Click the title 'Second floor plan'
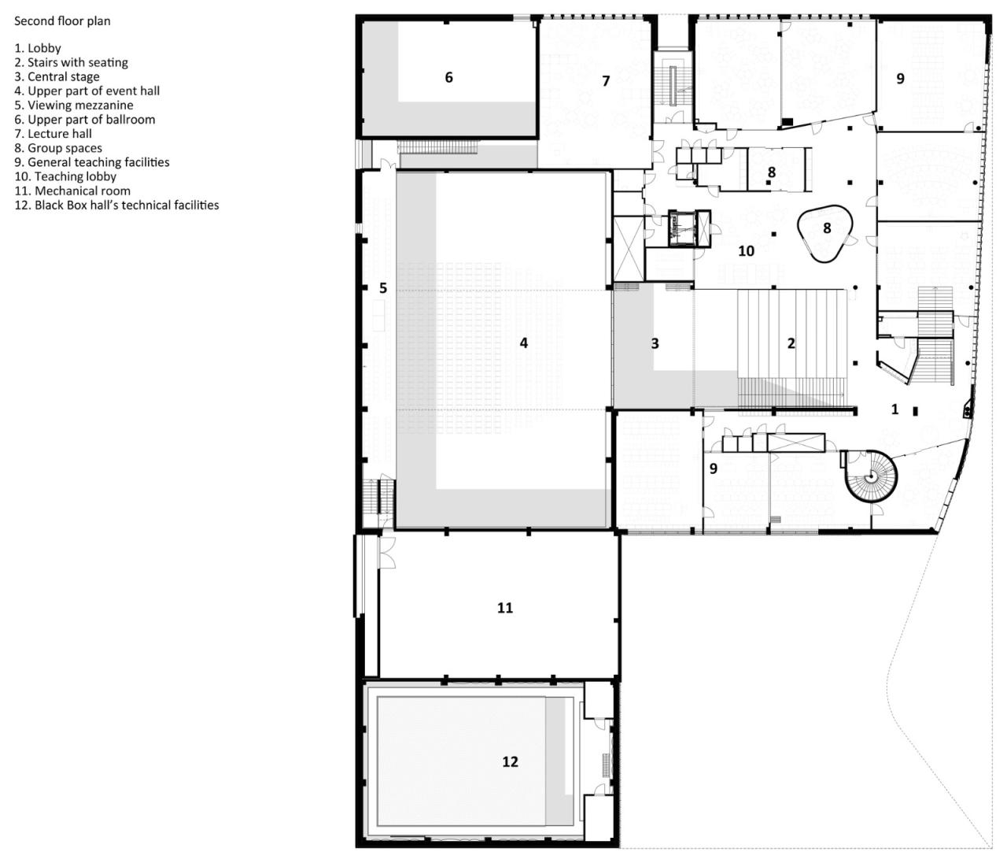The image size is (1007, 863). coord(62,21)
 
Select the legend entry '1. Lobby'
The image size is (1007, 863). coord(38,48)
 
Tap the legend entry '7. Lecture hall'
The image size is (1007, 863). coord(53,134)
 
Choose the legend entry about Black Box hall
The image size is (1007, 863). coord(116,205)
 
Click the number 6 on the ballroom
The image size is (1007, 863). coord(449,77)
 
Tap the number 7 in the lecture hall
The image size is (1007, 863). coord(606,81)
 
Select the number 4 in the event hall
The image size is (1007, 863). coord(524,343)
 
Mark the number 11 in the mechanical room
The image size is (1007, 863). coord(505,608)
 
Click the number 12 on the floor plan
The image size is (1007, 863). coord(510,761)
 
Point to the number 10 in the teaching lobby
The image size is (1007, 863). coord(746,251)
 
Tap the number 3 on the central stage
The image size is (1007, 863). coord(655,343)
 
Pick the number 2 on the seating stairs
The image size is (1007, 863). coord(791,343)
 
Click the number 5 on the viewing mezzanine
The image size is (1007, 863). coord(383,288)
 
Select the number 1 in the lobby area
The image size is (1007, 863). coord(894,409)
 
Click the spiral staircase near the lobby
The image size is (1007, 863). coord(870,476)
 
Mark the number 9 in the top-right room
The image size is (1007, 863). coord(901,79)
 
